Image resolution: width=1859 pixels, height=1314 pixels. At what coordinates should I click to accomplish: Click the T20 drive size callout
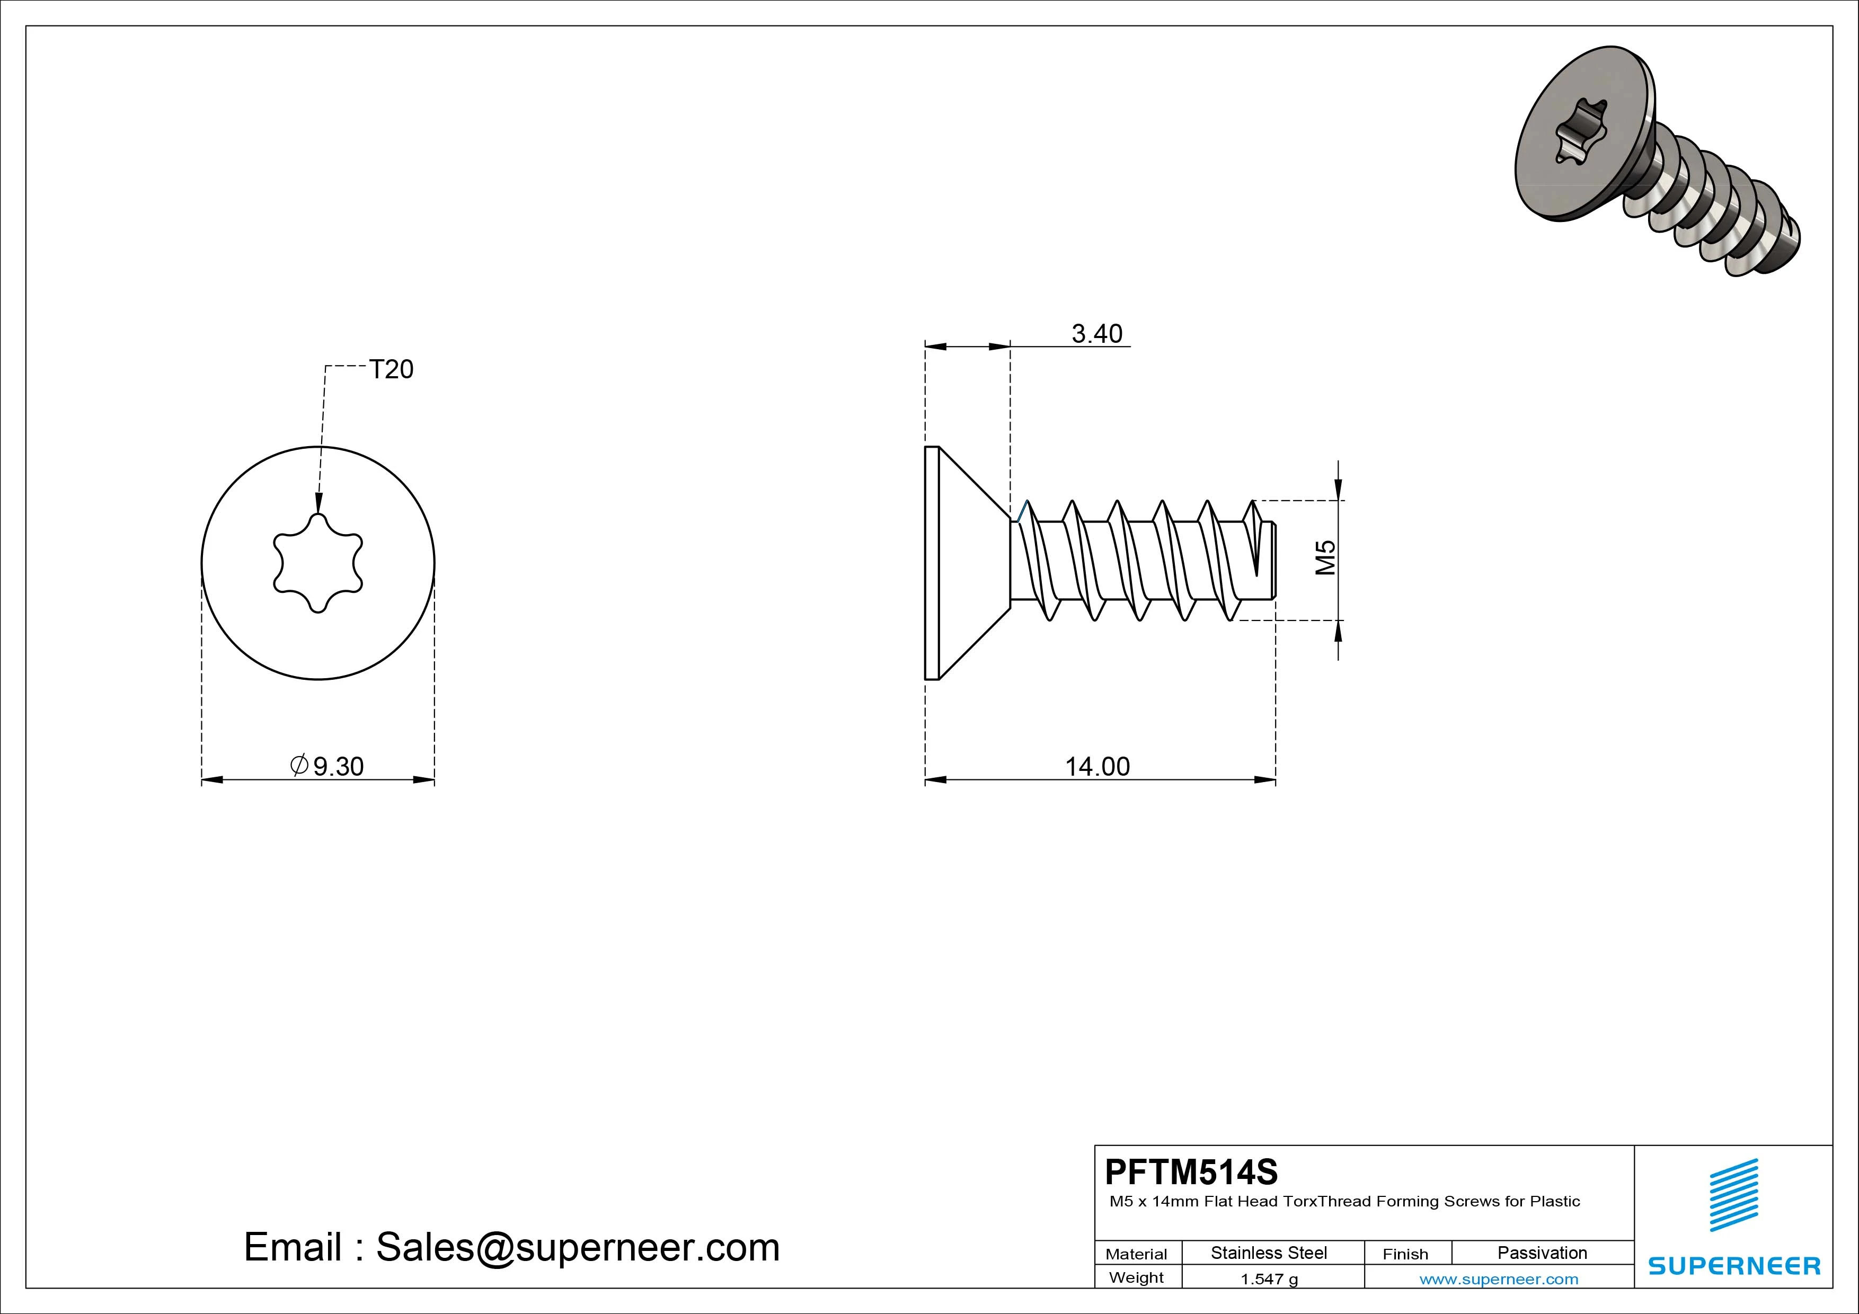(x=391, y=369)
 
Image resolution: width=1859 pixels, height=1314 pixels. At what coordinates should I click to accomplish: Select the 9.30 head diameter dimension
(x=339, y=766)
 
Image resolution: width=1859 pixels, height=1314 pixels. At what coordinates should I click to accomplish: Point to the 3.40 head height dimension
(x=1097, y=334)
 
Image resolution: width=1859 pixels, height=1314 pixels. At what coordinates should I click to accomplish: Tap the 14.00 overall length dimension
(x=1097, y=766)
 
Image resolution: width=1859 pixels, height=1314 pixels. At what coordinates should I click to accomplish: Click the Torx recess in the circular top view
(x=318, y=563)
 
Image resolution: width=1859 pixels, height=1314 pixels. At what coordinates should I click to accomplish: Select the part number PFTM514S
(x=1191, y=1171)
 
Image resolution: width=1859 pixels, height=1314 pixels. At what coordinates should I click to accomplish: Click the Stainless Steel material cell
(x=1269, y=1253)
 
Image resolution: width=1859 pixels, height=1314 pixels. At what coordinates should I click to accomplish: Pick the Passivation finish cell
(x=1542, y=1253)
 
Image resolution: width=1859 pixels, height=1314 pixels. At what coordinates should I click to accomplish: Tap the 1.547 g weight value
(x=1269, y=1279)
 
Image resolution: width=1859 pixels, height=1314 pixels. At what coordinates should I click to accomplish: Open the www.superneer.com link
(x=1499, y=1279)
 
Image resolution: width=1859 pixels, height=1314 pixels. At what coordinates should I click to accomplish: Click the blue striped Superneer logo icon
(x=1733, y=1195)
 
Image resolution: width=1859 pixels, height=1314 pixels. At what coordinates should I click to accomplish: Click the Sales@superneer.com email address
(x=577, y=1247)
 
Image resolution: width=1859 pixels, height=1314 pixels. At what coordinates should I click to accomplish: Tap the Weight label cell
(x=1136, y=1277)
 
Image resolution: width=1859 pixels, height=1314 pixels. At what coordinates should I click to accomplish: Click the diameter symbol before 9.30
(x=299, y=765)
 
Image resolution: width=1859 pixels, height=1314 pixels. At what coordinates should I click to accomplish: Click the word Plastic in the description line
(x=1555, y=1202)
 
